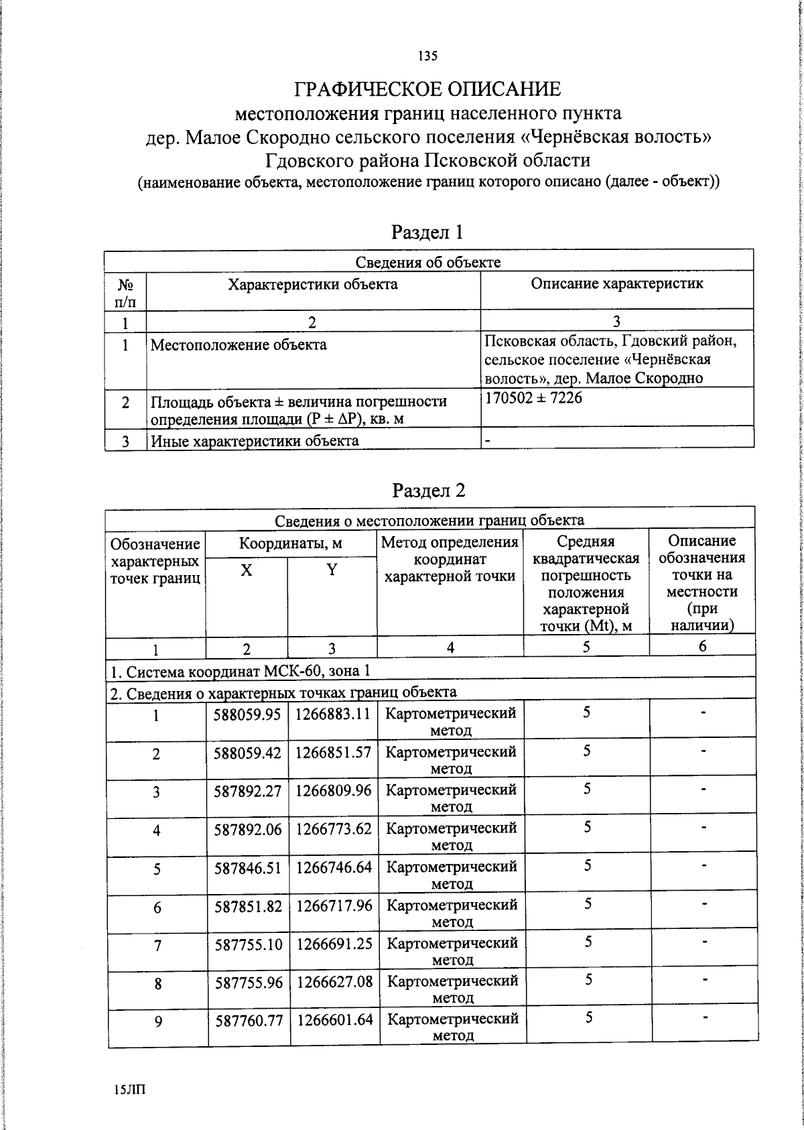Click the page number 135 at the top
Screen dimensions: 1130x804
point(427,56)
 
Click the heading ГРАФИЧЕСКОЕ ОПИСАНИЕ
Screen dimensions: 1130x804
point(427,89)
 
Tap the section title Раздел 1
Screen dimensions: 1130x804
point(427,233)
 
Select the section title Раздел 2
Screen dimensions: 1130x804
point(427,491)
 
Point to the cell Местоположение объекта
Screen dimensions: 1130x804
point(239,345)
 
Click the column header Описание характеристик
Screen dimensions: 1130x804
point(616,284)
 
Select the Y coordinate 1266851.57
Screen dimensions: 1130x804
point(334,752)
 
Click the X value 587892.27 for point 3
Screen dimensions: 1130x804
point(247,790)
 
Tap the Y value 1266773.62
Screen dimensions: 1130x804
point(334,828)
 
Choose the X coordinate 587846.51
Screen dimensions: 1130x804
point(247,867)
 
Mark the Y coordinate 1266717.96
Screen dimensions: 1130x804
point(334,905)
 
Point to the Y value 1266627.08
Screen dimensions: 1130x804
point(334,982)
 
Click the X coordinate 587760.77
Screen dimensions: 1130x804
point(247,1020)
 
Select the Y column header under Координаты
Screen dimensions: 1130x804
point(332,570)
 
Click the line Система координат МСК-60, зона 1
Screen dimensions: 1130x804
point(239,672)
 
